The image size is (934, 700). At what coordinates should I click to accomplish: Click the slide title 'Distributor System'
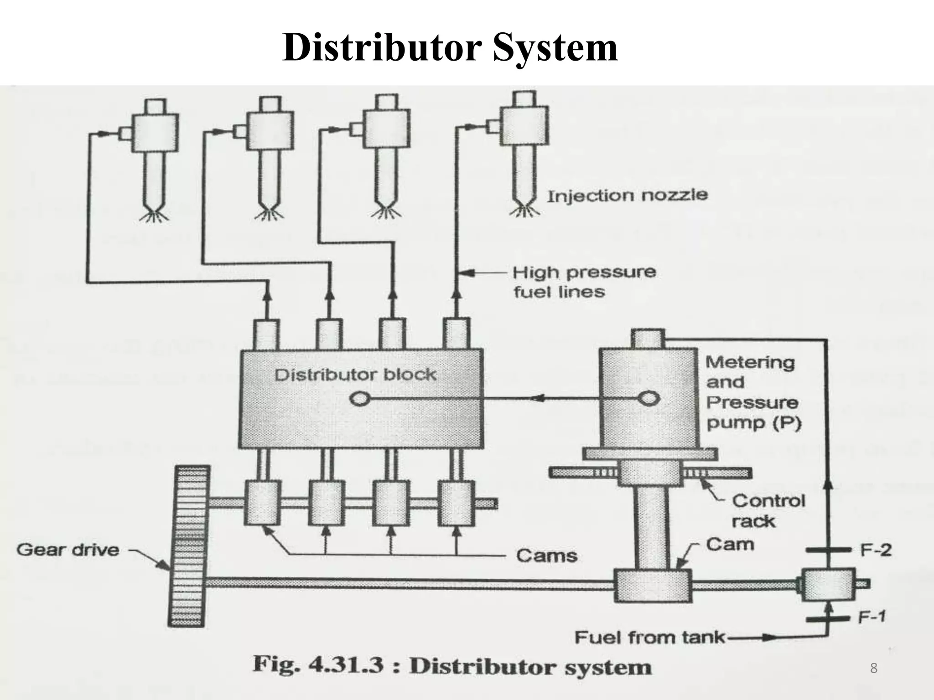450,48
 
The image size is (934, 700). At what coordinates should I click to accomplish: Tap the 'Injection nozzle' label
627,196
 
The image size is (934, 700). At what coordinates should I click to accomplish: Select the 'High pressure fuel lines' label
584,282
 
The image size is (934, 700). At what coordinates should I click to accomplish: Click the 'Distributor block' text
355,375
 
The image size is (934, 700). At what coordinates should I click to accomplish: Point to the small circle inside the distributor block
359,399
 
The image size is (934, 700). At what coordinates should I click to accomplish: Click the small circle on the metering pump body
648,399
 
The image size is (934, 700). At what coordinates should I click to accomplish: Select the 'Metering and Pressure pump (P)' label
752,392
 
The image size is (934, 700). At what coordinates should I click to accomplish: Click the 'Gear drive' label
68,550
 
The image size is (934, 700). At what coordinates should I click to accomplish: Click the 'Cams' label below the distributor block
546,556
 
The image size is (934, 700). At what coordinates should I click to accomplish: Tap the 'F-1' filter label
872,617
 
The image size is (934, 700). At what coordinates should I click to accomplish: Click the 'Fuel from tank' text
649,637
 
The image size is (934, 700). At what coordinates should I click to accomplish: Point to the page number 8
873,668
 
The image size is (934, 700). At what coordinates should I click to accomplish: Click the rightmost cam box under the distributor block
456,503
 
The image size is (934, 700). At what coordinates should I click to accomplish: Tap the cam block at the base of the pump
652,585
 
